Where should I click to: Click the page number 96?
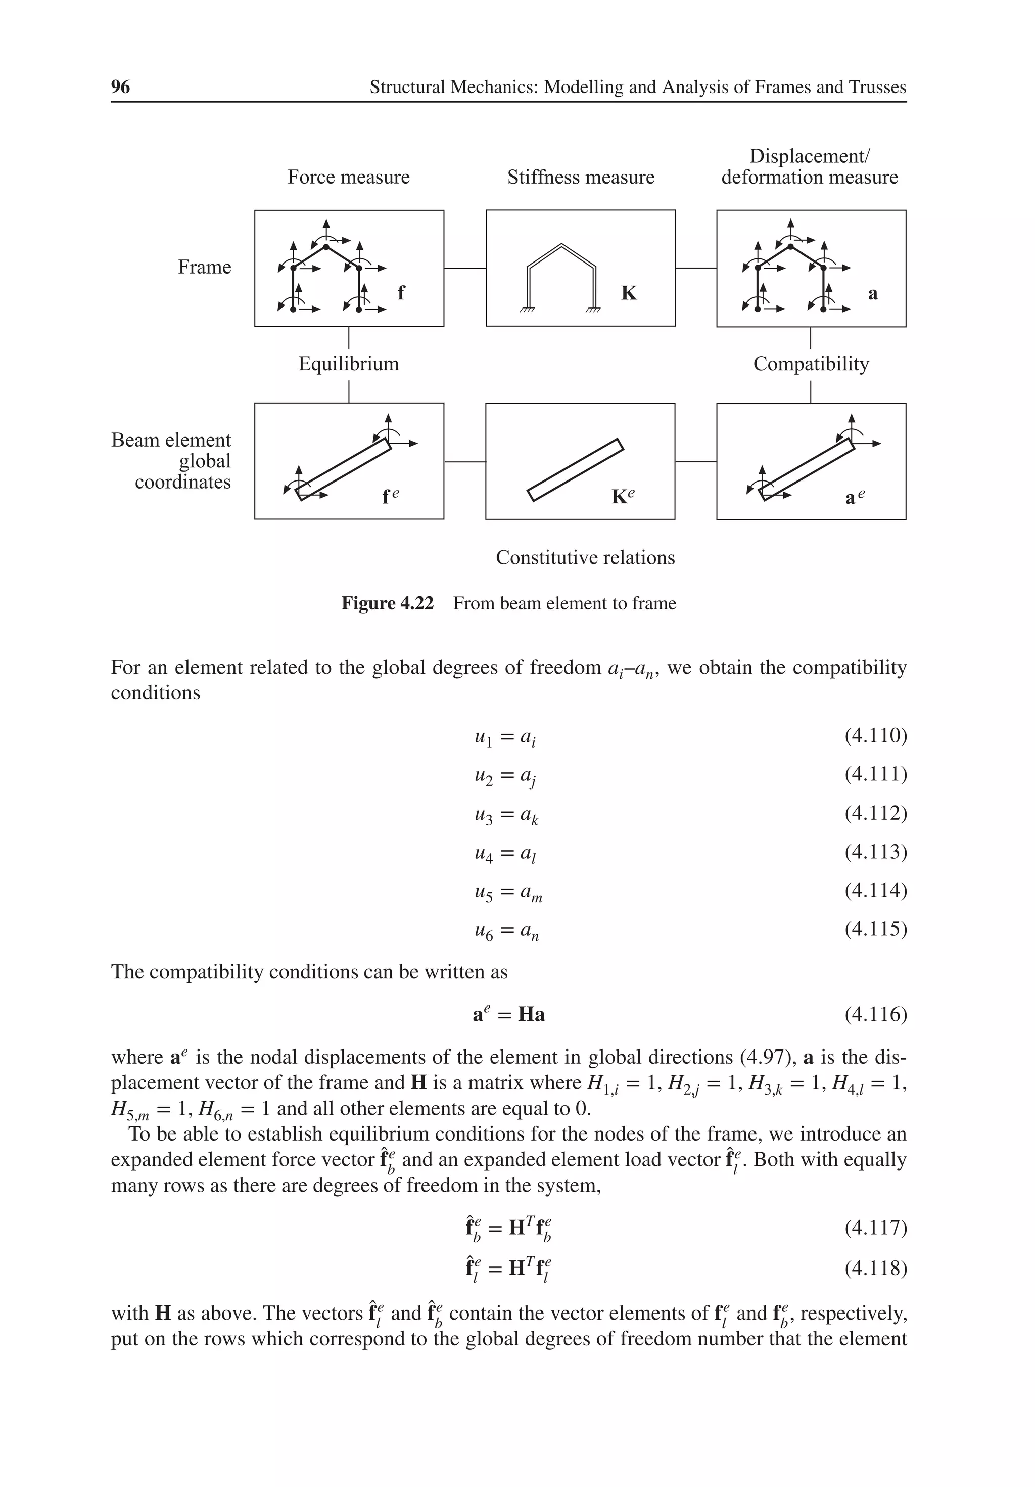(x=120, y=87)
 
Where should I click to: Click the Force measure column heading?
(x=348, y=177)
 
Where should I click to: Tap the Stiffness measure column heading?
(x=580, y=177)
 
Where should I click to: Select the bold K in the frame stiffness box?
(x=629, y=293)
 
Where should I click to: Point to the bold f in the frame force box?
(x=401, y=293)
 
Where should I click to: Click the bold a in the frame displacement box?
(x=873, y=294)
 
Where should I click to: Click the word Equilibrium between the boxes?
(x=348, y=364)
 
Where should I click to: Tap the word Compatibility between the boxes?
(x=811, y=364)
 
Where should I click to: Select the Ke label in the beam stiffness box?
(x=623, y=496)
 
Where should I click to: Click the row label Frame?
(x=205, y=267)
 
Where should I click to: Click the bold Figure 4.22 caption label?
(x=387, y=603)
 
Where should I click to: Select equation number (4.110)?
(x=875, y=736)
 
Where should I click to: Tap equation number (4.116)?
(x=875, y=1014)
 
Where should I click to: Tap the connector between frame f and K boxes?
(x=465, y=268)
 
